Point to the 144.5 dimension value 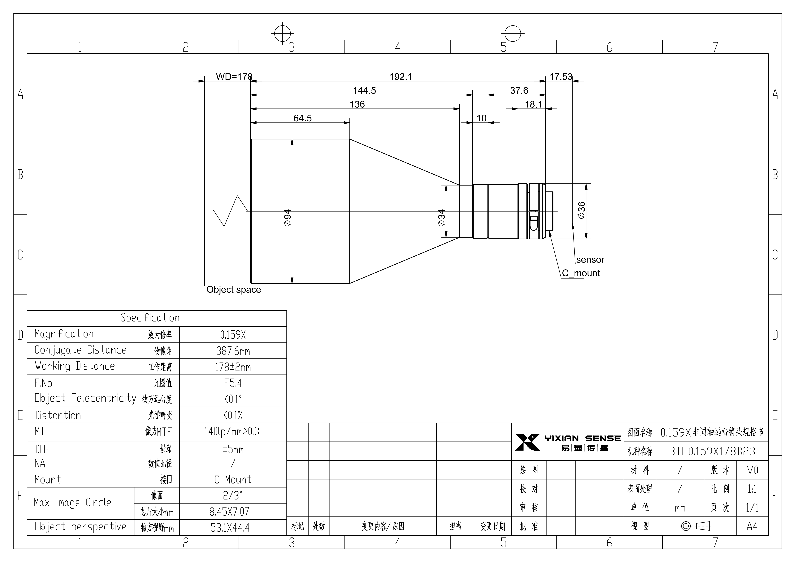point(364,90)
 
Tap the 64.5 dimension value point(303,118)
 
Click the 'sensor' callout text point(590,259)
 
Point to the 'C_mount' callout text point(581,273)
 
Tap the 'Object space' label point(234,290)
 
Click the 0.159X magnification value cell point(233,335)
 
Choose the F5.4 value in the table point(233,383)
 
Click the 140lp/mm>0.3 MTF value point(232,431)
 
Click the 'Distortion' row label point(58,415)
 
